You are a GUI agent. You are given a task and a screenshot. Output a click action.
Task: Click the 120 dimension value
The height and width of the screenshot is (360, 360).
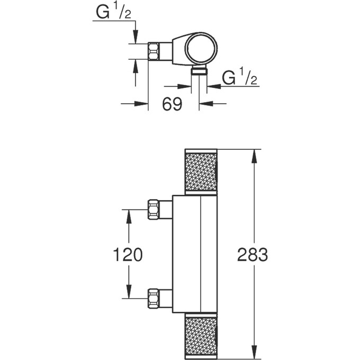coord(128,255)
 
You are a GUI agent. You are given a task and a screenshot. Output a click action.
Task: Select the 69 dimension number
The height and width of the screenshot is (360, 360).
coord(172,104)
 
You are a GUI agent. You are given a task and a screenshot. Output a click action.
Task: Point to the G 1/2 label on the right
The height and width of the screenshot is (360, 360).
coord(239,78)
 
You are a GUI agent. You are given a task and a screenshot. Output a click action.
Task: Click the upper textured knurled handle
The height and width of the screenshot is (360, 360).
coord(201,171)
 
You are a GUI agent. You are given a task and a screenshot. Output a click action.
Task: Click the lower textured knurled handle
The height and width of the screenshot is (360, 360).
coord(201,337)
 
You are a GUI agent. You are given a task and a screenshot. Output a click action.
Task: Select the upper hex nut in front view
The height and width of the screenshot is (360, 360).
coord(154,210)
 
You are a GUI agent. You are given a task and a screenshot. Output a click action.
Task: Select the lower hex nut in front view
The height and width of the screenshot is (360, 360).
coord(154,299)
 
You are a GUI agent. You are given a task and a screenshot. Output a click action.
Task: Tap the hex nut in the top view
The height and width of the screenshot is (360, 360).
coord(154,51)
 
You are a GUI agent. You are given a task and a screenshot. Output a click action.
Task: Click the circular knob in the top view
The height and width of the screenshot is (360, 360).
coord(201,47)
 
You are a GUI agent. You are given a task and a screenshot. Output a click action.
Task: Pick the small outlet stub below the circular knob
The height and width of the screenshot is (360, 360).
coord(199,71)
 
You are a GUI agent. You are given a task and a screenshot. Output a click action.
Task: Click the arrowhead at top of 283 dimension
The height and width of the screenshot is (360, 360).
coord(255,155)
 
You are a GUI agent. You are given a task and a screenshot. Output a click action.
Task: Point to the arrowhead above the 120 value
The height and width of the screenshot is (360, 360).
coord(128,215)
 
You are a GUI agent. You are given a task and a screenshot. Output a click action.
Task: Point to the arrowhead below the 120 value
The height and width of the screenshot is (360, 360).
coord(128,293)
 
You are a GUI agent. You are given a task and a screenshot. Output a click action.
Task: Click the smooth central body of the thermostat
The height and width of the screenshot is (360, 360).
coord(194,254)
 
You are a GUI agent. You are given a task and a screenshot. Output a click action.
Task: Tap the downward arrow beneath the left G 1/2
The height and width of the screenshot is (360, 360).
coord(136,37)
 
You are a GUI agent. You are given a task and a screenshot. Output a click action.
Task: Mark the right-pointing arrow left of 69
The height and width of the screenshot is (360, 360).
coord(141,104)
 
